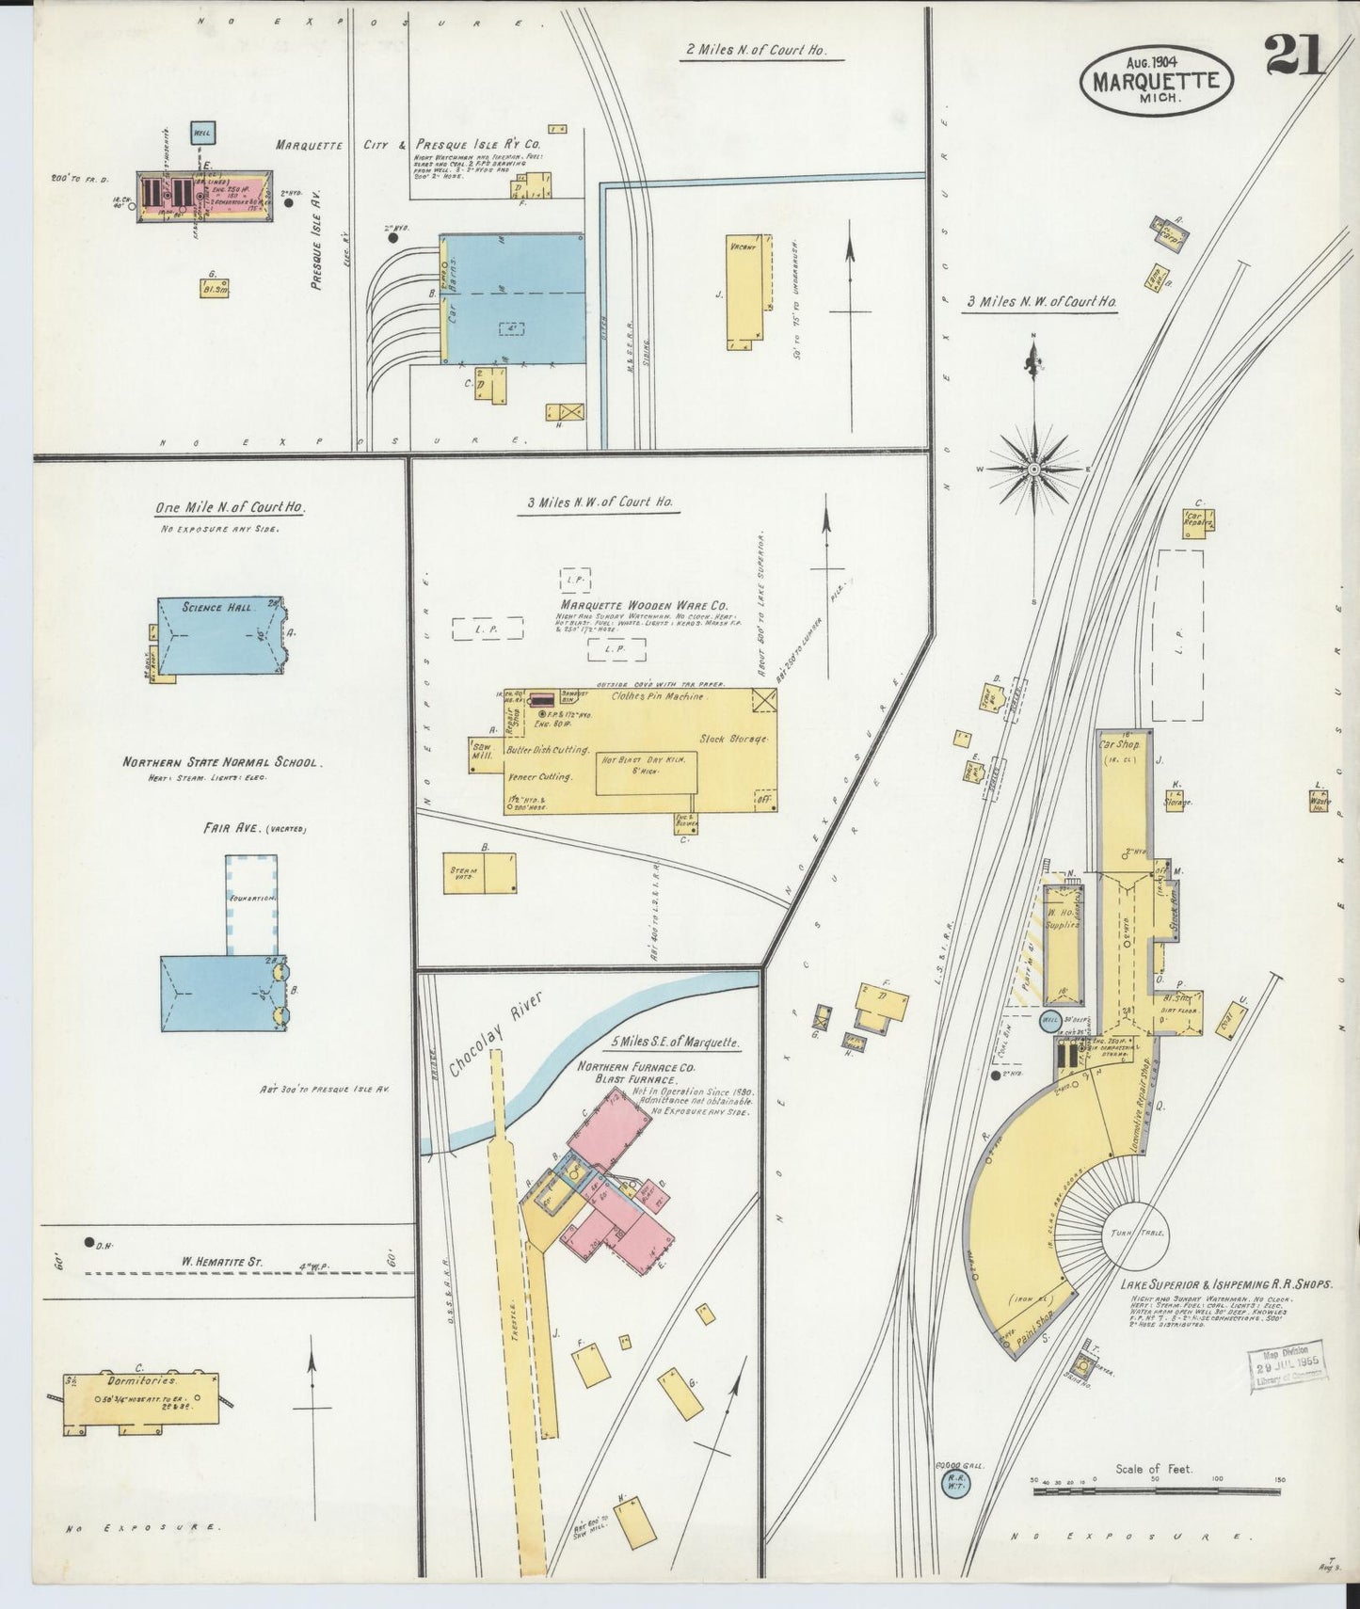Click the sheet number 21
click(x=1294, y=54)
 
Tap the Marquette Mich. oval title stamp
click(x=1156, y=80)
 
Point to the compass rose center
click(x=1033, y=468)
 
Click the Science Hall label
click(x=218, y=608)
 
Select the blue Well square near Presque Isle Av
click(x=200, y=134)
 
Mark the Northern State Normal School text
click(x=222, y=763)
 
